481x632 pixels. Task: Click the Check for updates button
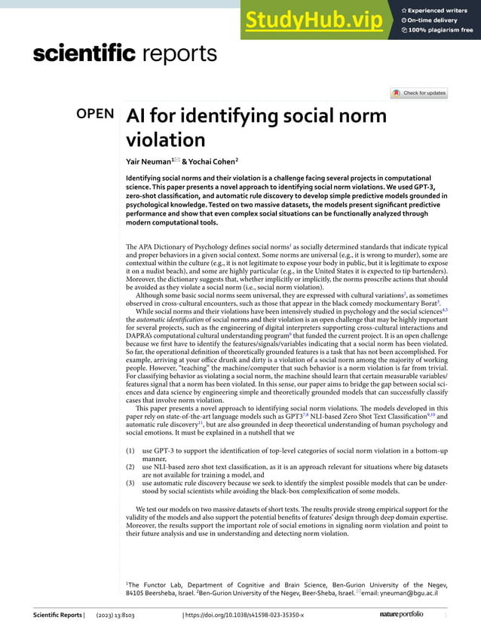click(x=419, y=93)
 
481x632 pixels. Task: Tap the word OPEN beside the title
click(x=96, y=114)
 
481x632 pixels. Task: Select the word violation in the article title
click(x=165, y=140)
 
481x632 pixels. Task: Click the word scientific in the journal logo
click(x=84, y=53)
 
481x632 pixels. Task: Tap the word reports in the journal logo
click(x=179, y=53)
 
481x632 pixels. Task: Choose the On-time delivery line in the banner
click(x=440, y=20)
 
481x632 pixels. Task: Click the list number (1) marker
click(x=130, y=450)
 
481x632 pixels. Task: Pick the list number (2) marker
click(x=130, y=467)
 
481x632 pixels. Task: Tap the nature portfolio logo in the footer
click(x=406, y=615)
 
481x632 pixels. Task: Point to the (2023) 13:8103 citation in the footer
click(x=115, y=615)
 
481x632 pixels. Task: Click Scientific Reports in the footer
click(x=57, y=615)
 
